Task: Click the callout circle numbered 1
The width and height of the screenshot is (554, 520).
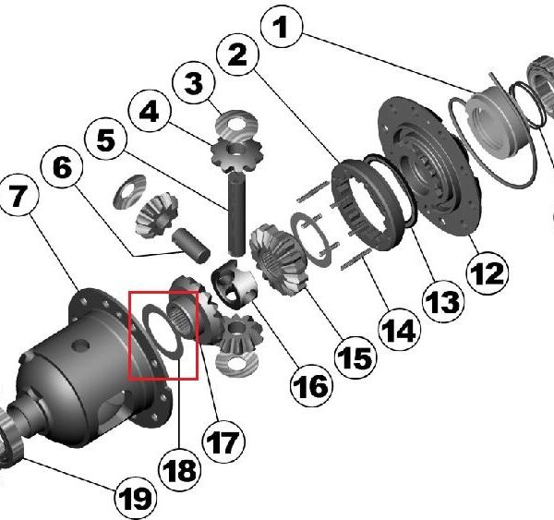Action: point(283,29)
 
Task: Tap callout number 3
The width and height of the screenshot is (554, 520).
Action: point(193,83)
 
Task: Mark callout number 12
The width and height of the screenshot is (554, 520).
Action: point(487,272)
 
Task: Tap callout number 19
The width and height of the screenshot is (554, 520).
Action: point(134,499)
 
